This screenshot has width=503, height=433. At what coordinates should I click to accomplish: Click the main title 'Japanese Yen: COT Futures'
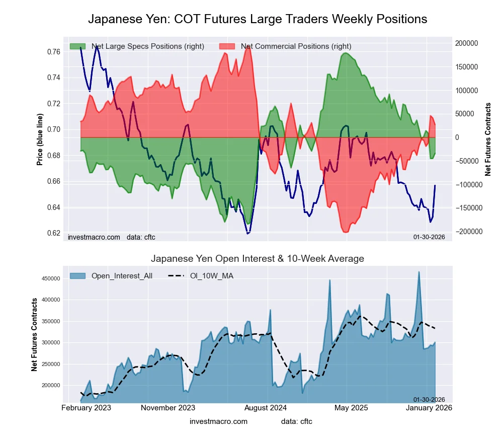point(258,19)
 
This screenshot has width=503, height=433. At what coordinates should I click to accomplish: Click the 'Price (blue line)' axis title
point(40,139)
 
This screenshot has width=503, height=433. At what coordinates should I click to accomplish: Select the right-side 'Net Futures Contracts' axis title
point(488,139)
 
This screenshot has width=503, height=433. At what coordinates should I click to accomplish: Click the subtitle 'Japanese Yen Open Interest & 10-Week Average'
point(258,259)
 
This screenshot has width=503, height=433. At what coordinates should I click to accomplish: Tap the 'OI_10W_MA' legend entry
point(211,275)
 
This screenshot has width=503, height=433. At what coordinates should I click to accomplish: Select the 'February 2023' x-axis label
point(87,408)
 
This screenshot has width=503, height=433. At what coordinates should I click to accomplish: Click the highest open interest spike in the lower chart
point(418,272)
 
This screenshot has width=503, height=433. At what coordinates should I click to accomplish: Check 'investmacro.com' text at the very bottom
point(218,421)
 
